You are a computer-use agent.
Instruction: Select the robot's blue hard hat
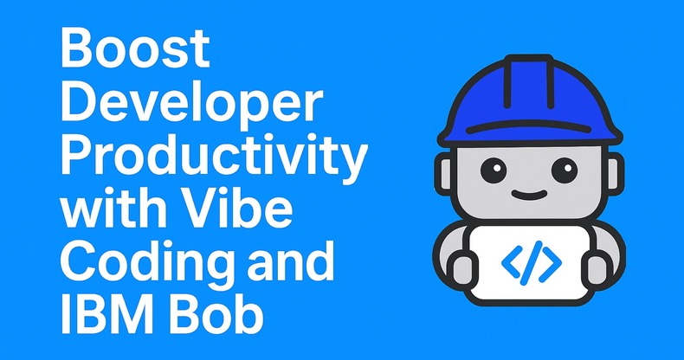coord(530,95)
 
